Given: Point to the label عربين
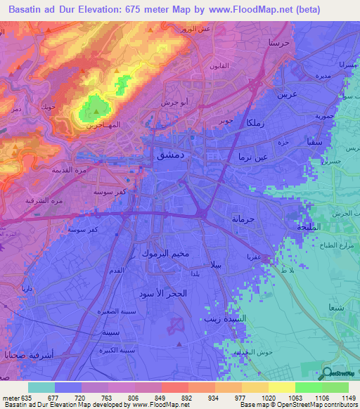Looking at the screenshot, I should [x=288, y=93].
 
